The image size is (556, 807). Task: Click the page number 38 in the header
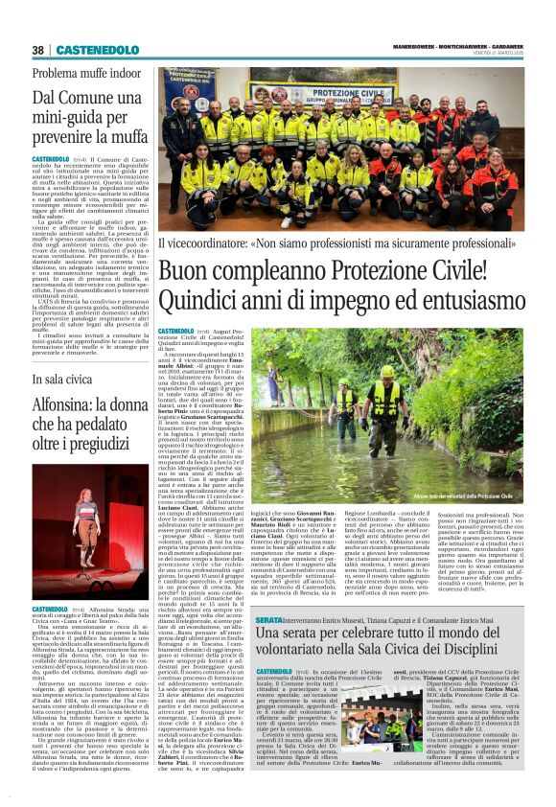click(x=37, y=50)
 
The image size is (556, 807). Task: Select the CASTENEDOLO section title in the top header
click(x=88, y=50)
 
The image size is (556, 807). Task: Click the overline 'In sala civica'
click(x=63, y=380)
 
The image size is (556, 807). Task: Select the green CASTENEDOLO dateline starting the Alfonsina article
click(x=49, y=582)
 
